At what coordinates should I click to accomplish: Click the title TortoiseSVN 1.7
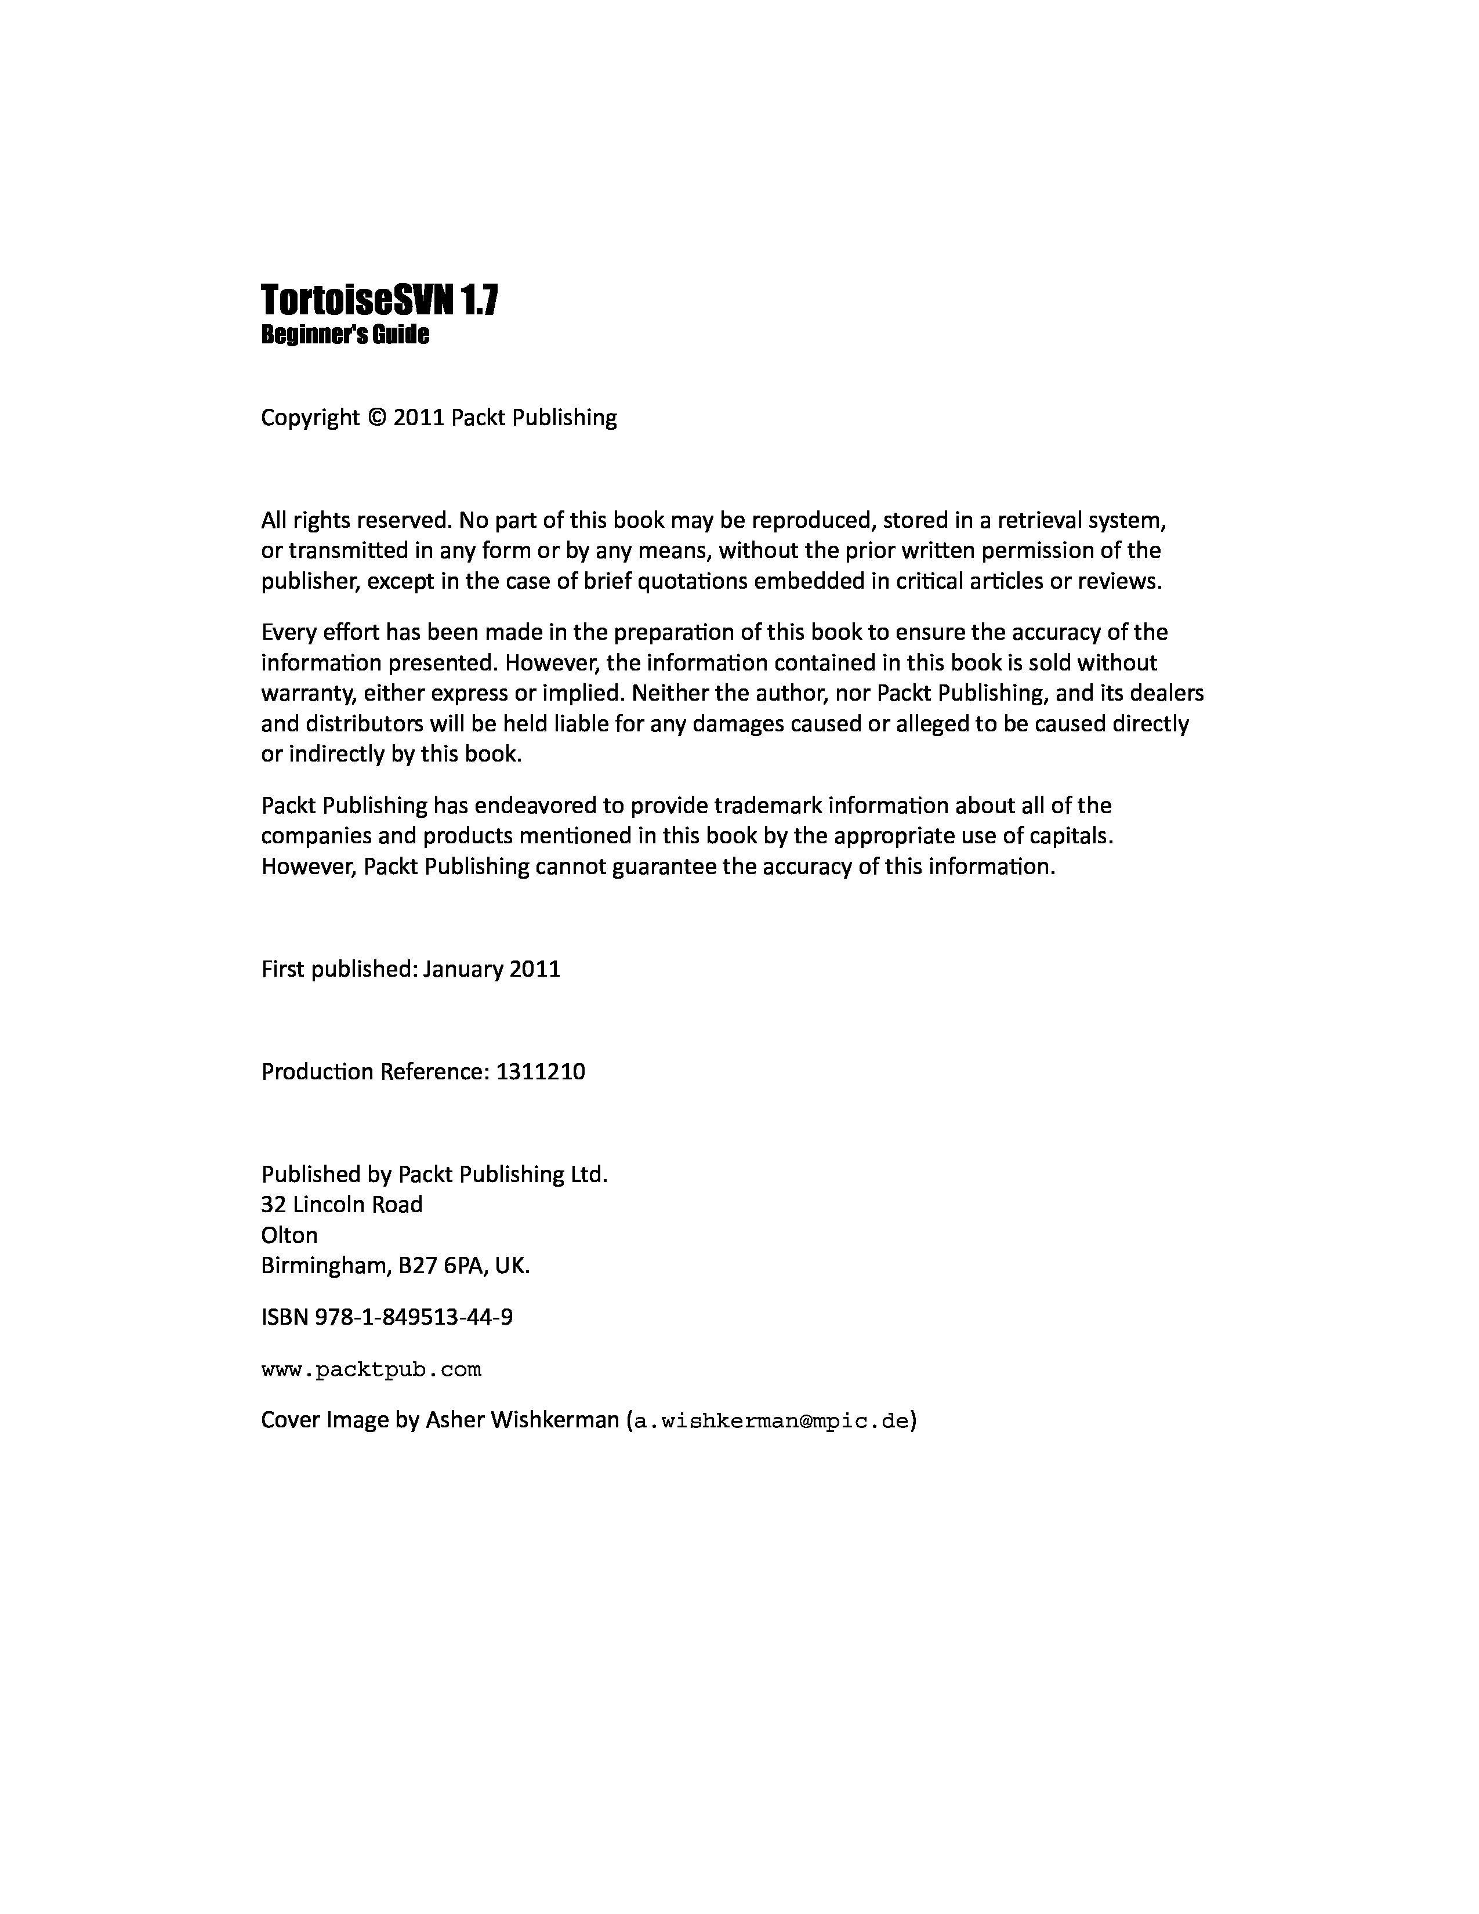[379, 300]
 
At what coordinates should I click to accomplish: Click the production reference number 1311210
[541, 1072]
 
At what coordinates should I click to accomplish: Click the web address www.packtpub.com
[372, 1369]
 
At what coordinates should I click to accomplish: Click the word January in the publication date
[463, 969]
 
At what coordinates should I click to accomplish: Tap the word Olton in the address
[289, 1235]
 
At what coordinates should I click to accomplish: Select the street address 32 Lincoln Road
[342, 1205]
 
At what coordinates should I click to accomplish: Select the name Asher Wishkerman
[522, 1420]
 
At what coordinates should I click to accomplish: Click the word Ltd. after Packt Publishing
[589, 1174]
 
